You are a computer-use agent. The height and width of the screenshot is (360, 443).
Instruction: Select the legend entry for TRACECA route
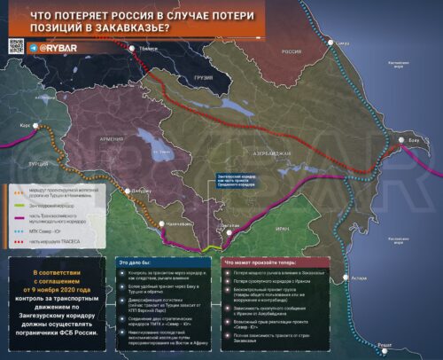pyautogui.click(x=50, y=240)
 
